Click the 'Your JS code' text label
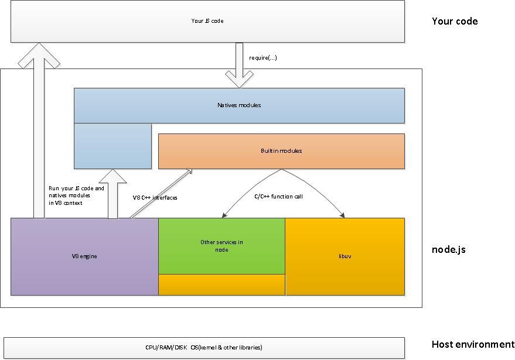[207, 20]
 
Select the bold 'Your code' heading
[455, 21]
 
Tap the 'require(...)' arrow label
[262, 58]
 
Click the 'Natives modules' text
[239, 105]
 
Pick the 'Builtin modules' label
[281, 150]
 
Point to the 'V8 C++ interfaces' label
[155, 197]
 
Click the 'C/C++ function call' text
[278, 197]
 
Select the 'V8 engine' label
[84, 256]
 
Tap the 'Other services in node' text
[221, 246]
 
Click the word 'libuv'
[345, 256]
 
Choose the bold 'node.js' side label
[449, 249]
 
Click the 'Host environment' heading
[473, 344]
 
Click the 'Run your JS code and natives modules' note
[76, 196]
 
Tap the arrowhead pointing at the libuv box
[343, 215]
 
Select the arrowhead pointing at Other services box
[224, 215]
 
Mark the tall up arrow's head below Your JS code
[39, 55]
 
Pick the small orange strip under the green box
[221, 284]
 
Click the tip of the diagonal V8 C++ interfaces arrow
[192, 169]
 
